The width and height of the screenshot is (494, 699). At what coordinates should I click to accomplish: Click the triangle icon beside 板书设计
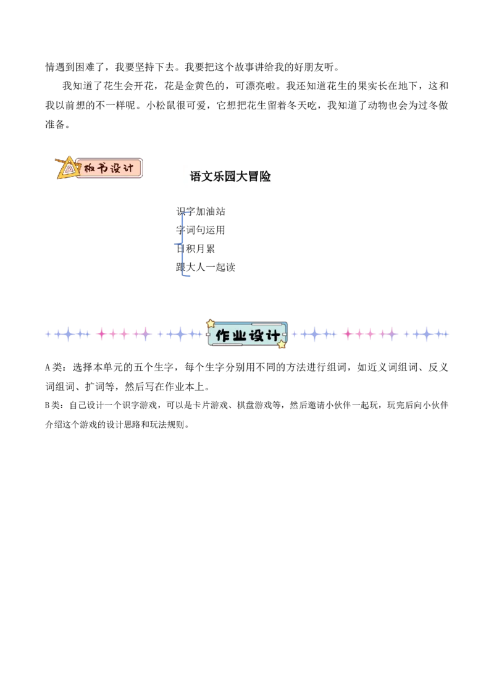click(67, 169)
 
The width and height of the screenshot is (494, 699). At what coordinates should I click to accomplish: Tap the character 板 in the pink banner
click(90, 168)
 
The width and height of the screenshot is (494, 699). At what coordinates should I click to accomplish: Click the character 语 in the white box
click(196, 177)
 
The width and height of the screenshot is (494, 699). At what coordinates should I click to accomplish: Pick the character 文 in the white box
click(207, 177)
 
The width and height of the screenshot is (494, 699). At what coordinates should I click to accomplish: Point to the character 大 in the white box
click(242, 177)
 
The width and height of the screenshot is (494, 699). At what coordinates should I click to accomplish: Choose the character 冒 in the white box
click(253, 177)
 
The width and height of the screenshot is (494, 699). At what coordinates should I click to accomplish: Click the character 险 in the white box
click(265, 177)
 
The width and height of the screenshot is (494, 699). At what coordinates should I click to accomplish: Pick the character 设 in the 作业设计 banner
click(256, 335)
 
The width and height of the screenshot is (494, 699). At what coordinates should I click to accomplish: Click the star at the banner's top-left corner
click(211, 323)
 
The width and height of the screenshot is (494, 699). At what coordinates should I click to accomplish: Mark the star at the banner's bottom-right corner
click(282, 345)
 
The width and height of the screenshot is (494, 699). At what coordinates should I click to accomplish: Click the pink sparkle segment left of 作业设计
click(124, 334)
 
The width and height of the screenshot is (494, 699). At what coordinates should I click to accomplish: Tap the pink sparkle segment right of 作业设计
click(369, 334)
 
